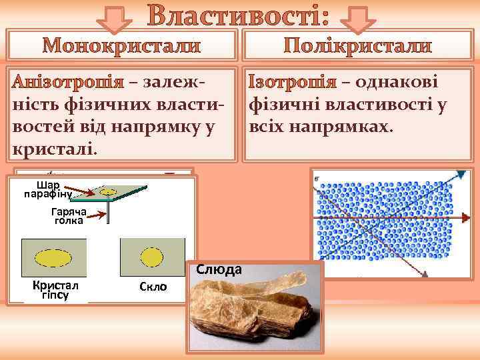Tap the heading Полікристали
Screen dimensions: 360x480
358,47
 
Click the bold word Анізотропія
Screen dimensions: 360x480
70,83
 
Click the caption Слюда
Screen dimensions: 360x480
219,269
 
